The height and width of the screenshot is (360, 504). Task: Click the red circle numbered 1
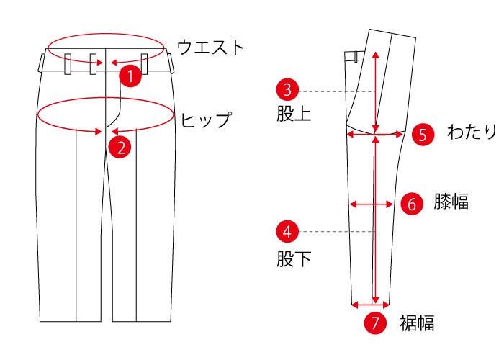(130, 76)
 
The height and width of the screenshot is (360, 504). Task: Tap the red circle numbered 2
(120, 147)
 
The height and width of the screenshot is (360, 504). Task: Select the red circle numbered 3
(287, 90)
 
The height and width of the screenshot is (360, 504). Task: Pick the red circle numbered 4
(287, 231)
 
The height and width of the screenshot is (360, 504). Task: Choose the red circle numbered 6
(412, 204)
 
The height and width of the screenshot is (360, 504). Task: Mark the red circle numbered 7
(375, 323)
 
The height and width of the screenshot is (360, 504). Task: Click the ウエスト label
(210, 47)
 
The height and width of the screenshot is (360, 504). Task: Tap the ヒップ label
(206, 120)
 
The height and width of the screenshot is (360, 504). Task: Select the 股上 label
(294, 114)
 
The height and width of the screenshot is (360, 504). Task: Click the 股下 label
(294, 258)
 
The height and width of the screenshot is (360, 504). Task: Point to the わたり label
(472, 132)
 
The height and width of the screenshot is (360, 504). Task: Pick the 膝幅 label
(451, 202)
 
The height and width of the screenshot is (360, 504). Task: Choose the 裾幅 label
(417, 323)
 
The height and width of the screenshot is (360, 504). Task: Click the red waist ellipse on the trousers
(106, 33)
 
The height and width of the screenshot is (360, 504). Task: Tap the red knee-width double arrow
(372, 204)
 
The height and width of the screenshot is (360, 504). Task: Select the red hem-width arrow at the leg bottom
(371, 305)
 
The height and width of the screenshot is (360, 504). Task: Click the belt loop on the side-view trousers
(356, 57)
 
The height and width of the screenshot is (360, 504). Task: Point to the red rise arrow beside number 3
(375, 91)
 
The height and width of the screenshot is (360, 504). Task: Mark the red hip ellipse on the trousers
(105, 98)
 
